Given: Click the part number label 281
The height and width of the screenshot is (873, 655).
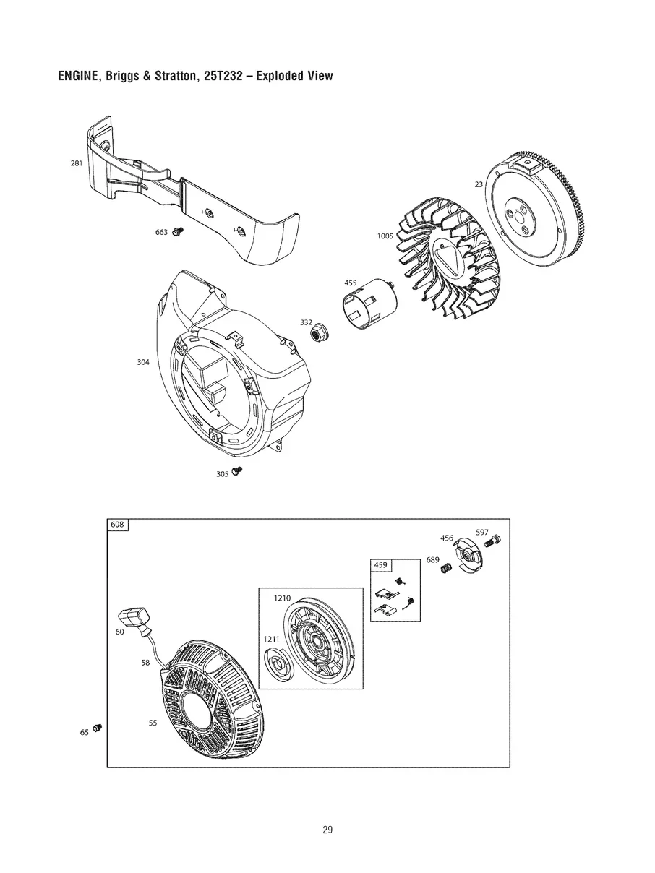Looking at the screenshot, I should click(76, 163).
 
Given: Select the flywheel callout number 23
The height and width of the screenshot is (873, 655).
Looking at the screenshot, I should click(479, 184).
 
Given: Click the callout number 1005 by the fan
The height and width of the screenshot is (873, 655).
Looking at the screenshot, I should click(385, 236).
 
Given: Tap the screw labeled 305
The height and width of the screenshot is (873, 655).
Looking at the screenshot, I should click(237, 471).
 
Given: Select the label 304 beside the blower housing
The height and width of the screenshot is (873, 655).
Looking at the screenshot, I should click(143, 361).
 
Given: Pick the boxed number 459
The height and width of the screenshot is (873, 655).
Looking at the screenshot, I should click(381, 564).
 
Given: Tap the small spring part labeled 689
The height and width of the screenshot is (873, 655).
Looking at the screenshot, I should click(446, 569).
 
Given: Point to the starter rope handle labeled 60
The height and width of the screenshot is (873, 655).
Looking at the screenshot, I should click(135, 618).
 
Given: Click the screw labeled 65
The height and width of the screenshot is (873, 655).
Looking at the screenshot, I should click(98, 727).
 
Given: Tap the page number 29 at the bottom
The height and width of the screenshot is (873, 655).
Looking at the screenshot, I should click(327, 830).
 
